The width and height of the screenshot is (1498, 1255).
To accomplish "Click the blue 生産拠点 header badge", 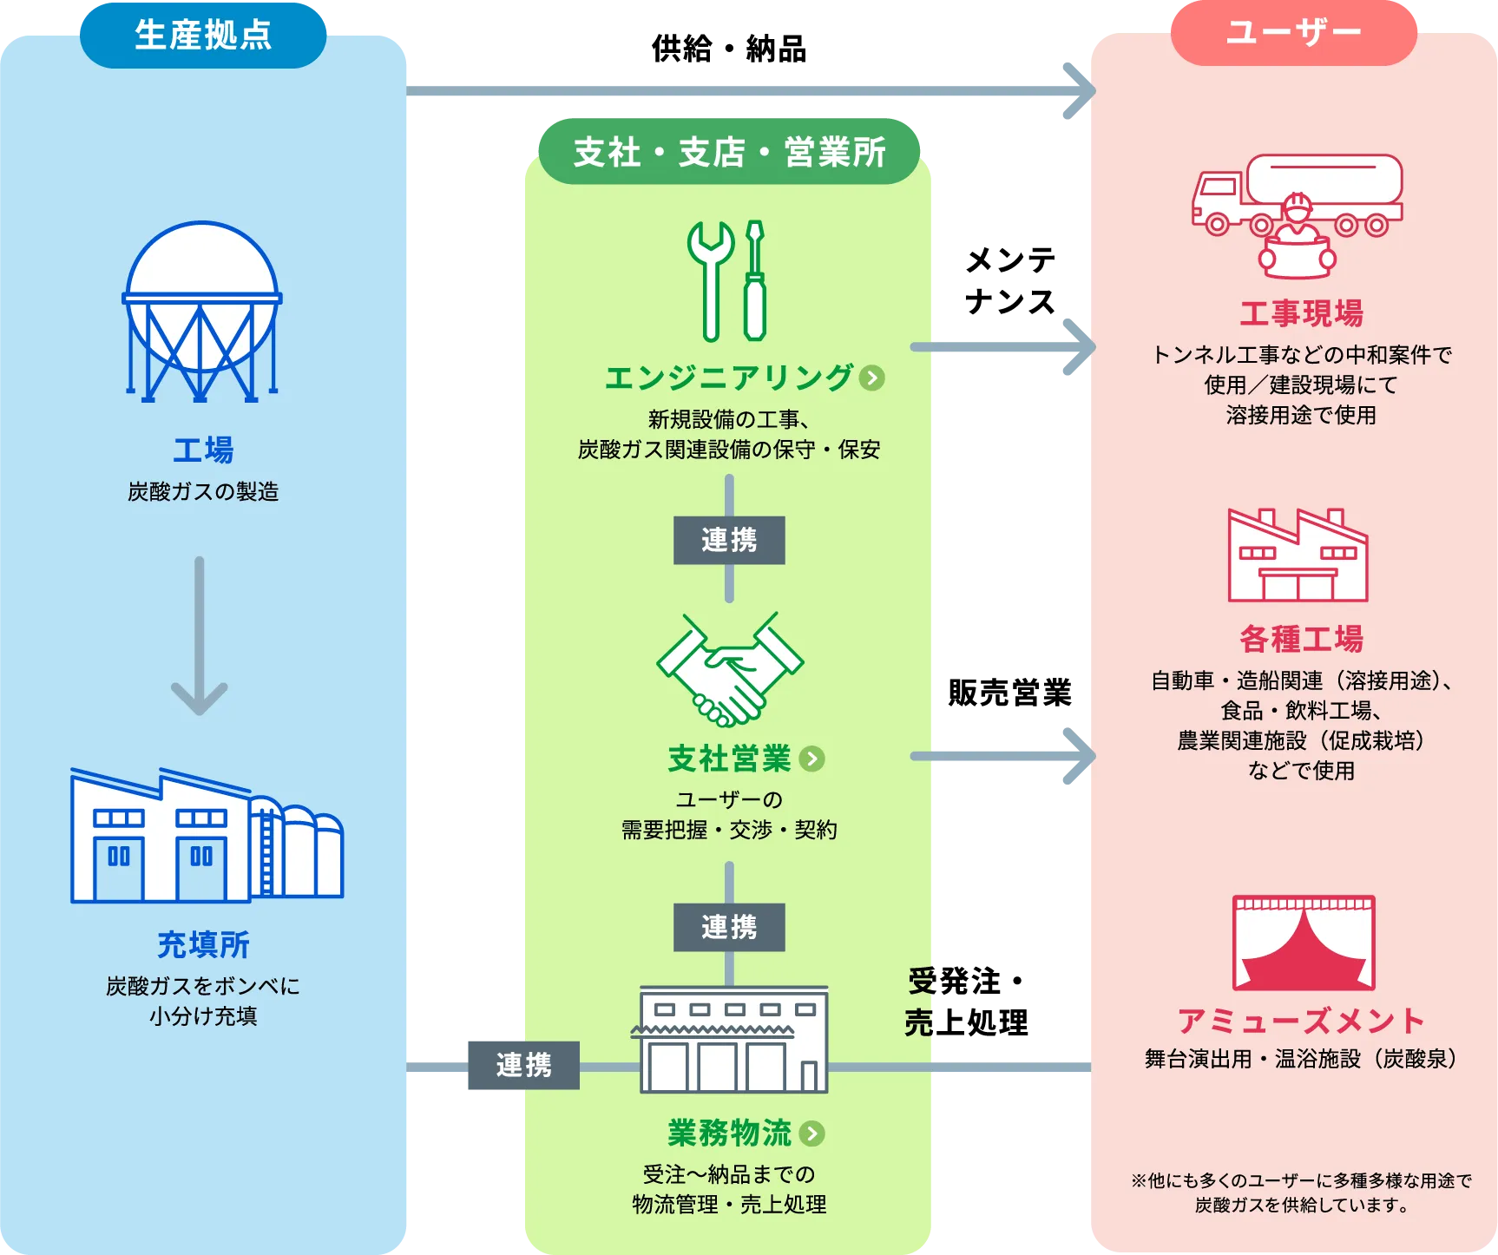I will pyautogui.click(x=203, y=36).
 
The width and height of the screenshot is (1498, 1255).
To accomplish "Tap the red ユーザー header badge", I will pyautogui.click(x=1293, y=33).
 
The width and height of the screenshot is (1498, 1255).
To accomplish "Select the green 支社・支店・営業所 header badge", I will pyautogui.click(x=729, y=152).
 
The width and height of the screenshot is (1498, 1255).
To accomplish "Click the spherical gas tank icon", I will pyautogui.click(x=202, y=311).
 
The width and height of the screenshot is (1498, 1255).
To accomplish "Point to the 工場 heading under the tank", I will pyautogui.click(x=203, y=450).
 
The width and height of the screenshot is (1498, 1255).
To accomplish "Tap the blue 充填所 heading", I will pyautogui.click(x=203, y=944).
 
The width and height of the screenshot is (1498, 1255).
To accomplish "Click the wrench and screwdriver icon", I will pyautogui.click(x=728, y=279).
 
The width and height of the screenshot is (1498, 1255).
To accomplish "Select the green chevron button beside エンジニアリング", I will pyautogui.click(x=872, y=378).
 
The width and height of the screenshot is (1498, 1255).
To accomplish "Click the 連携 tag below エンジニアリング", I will pyautogui.click(x=729, y=540).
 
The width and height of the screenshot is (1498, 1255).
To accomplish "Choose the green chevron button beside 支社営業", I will pyautogui.click(x=811, y=759).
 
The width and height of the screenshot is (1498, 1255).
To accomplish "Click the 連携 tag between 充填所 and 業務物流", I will pyautogui.click(x=523, y=1065).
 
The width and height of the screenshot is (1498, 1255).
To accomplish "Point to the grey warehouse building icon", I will pyautogui.click(x=730, y=1040).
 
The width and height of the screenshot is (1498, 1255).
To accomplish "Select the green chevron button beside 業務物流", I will pyautogui.click(x=812, y=1133).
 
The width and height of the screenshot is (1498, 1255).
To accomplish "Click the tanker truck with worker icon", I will pyautogui.click(x=1298, y=215).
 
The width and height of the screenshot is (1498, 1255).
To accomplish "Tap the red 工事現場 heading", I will pyautogui.click(x=1301, y=313).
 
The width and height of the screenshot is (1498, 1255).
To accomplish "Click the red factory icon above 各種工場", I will pyautogui.click(x=1298, y=555).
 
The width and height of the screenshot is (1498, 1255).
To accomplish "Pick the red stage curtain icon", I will pyautogui.click(x=1304, y=943).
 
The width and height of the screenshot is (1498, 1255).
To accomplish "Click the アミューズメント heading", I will pyautogui.click(x=1301, y=1021).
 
